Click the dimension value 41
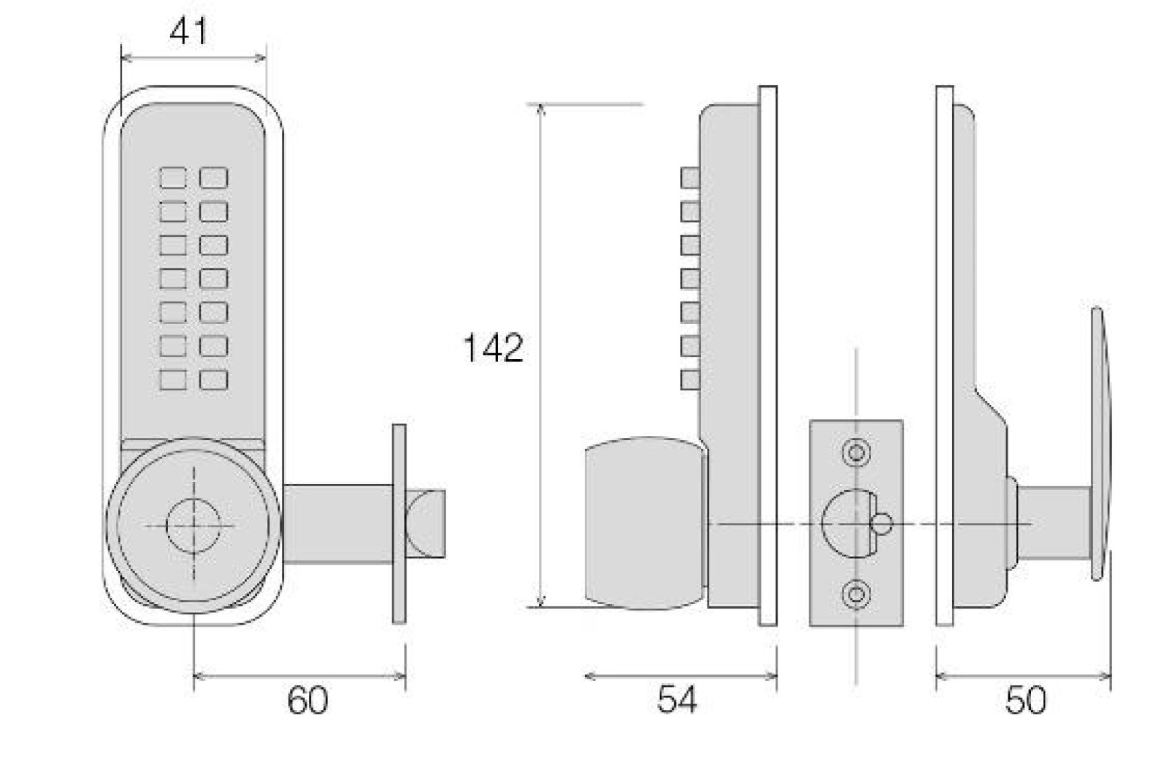point(188,31)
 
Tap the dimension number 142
point(493,348)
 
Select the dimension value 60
point(308,700)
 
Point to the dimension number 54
point(677,699)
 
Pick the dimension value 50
point(1025,700)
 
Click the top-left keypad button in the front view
point(173,178)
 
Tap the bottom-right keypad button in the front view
point(214,379)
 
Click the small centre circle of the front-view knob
point(194,525)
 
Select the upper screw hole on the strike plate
point(856,453)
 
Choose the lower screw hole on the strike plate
point(856,595)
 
